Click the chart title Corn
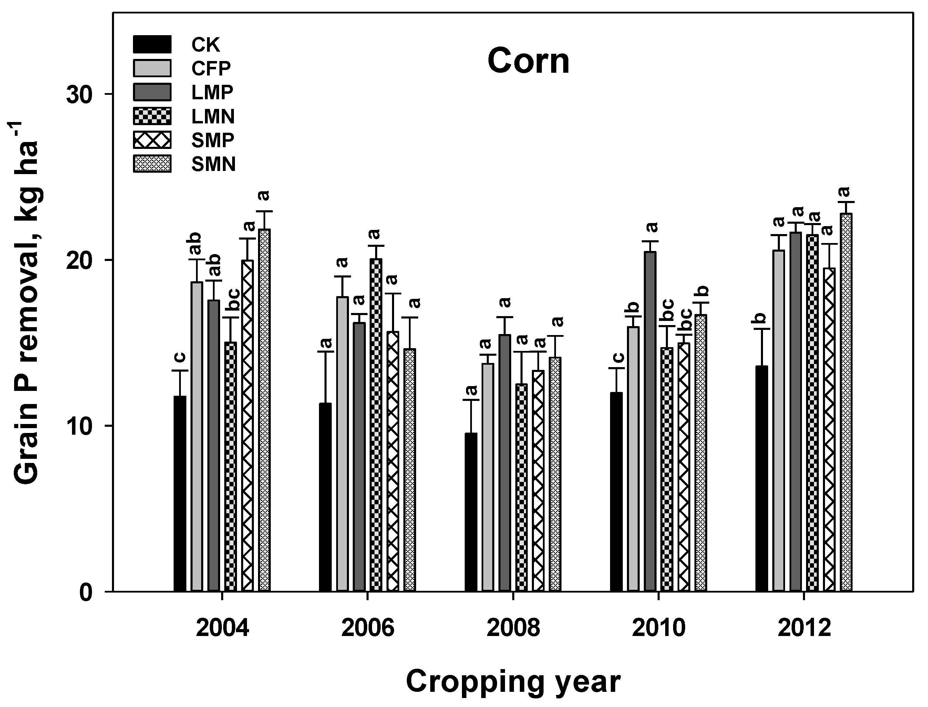528,61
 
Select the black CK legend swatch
152,44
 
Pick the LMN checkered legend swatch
152,116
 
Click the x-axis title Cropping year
513,682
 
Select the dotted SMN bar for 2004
265,410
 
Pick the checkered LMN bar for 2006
376,425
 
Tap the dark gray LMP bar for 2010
650,421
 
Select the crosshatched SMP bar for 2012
829,429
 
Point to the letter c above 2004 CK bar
179,357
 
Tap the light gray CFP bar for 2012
778,421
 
